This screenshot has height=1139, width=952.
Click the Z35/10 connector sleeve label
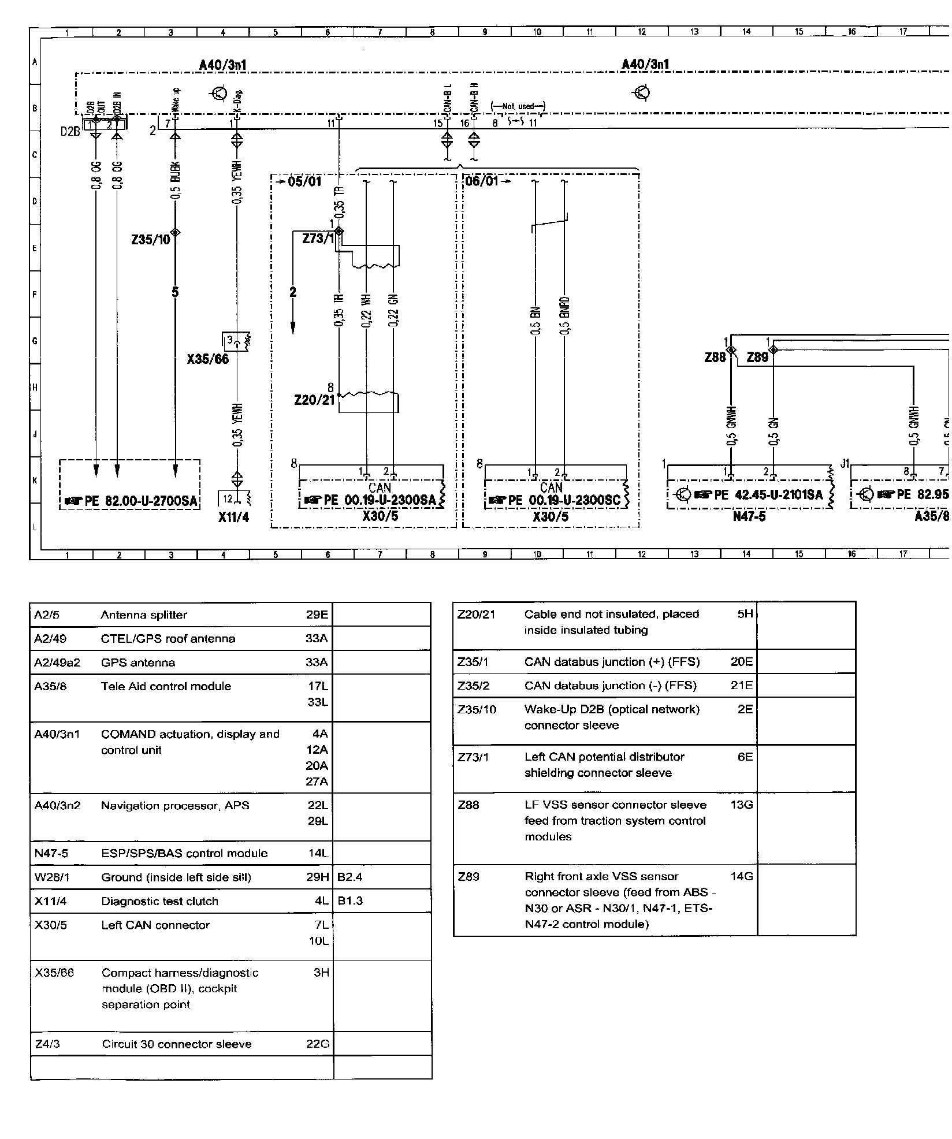(151, 239)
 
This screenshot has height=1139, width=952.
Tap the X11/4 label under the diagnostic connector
(234, 517)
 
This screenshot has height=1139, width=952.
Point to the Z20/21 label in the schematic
(314, 399)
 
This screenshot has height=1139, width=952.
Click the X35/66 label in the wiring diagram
(207, 359)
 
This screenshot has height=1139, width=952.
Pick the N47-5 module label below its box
(749, 516)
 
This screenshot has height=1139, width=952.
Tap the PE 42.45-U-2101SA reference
(759, 495)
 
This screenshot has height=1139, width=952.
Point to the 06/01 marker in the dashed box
(485, 181)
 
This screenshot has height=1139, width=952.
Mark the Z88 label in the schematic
(715, 358)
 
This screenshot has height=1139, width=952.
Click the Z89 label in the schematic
(757, 358)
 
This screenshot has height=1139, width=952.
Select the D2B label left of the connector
(70, 132)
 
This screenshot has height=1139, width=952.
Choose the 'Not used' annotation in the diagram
(517, 107)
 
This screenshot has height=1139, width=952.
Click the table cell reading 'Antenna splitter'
(144, 615)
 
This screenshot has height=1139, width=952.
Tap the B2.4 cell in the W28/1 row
(350, 877)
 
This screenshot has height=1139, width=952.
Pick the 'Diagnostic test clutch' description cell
(159, 902)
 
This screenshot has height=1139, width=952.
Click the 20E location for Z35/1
(742, 662)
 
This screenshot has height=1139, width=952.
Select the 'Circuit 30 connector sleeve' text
(177, 1044)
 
